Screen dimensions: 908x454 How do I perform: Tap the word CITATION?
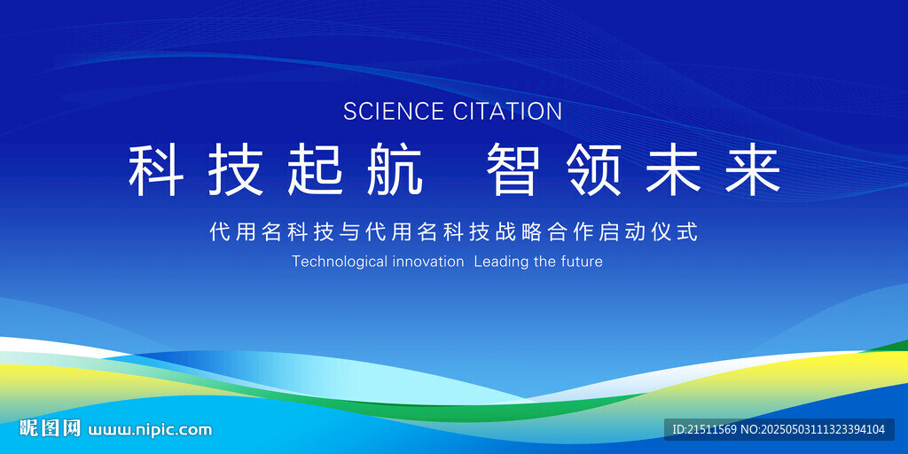pyautogui.click(x=507, y=111)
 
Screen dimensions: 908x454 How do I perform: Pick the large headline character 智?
pyautogui.click(x=513, y=170)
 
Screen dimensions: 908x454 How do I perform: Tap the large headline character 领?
pyautogui.click(x=593, y=170)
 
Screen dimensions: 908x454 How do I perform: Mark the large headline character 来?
pyautogui.click(x=754, y=170)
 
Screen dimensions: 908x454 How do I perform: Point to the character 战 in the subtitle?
pyautogui.click(x=506, y=232)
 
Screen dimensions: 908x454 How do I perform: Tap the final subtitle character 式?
pyautogui.click(x=690, y=232)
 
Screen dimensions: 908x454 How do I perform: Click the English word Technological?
pyautogui.click(x=340, y=262)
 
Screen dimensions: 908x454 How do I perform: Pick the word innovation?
pyautogui.click(x=428, y=262)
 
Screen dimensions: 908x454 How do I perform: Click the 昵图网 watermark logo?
pyautogui.click(x=50, y=428)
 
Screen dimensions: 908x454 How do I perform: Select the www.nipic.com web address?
pyautogui.click(x=150, y=430)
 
